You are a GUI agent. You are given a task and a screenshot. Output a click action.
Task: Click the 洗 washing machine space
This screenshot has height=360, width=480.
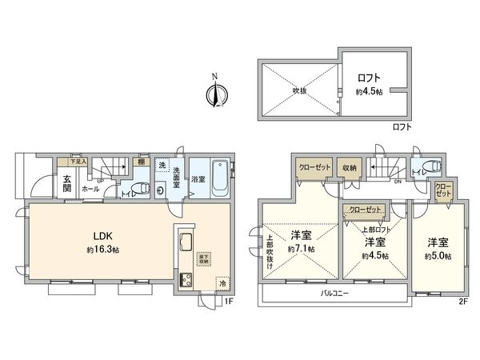[162, 166]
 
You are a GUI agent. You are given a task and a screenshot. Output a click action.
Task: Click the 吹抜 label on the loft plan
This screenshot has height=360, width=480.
[300, 91]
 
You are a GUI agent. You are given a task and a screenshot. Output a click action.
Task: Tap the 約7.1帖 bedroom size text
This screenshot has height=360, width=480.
[301, 250]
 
